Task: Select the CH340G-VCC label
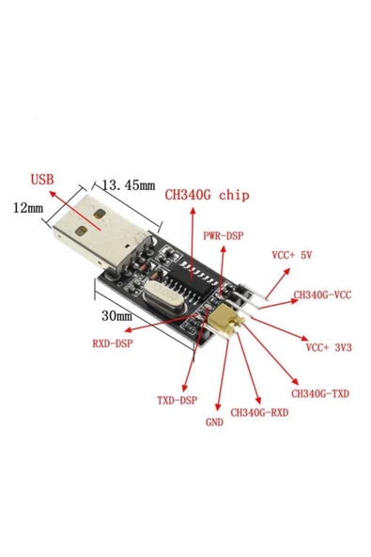pyautogui.click(x=321, y=294)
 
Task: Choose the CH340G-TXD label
pyautogui.click(x=318, y=393)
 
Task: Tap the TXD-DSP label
pyautogui.click(x=177, y=400)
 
